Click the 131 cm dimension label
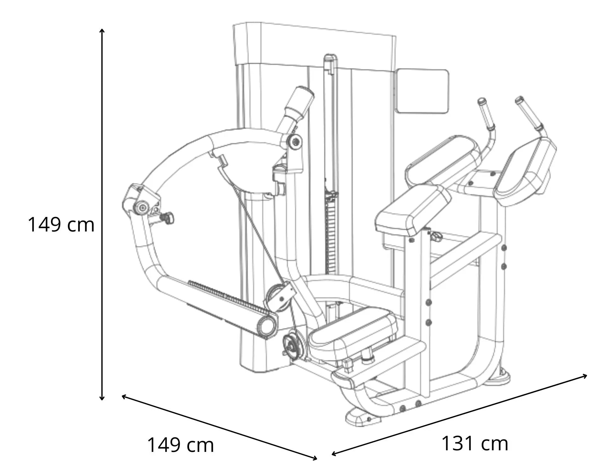pyautogui.click(x=474, y=443)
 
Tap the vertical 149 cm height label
pyautogui.click(x=61, y=225)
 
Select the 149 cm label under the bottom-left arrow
pyautogui.click(x=180, y=445)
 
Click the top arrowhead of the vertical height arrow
pyautogui.click(x=102, y=31)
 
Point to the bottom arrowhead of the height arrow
pyautogui.click(x=102, y=398)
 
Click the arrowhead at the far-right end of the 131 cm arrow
pyautogui.click(x=585, y=376)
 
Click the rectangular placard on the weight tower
pyautogui.click(x=422, y=91)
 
